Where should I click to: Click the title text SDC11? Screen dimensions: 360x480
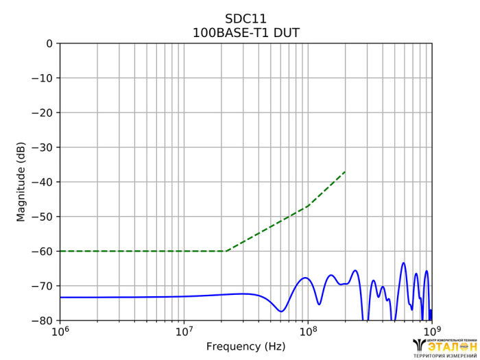245,19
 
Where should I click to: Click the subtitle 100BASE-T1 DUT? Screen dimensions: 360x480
245,32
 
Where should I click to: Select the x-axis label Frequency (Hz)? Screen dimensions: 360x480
245,346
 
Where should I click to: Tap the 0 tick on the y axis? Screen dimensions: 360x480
49,44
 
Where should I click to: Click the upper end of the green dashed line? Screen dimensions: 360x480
345,171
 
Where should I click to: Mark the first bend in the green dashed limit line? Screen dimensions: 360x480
226,251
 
